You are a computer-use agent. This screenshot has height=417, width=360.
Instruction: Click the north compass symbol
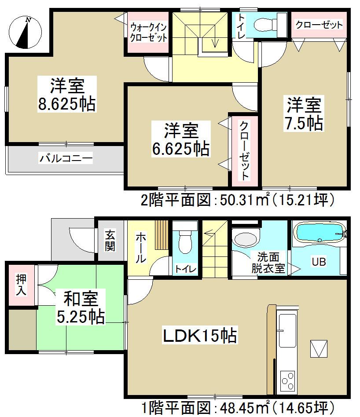click(x=25, y=32)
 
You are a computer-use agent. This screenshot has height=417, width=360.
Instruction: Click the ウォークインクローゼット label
click(x=148, y=33)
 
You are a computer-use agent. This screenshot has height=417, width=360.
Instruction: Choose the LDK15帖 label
click(x=200, y=337)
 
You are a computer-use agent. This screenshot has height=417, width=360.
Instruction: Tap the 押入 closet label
click(x=21, y=285)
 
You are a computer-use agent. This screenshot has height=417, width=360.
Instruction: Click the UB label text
click(x=319, y=262)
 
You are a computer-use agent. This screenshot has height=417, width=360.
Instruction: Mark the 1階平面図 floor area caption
click(x=237, y=406)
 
